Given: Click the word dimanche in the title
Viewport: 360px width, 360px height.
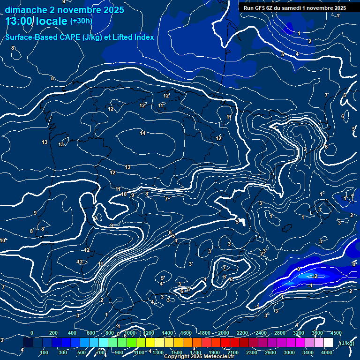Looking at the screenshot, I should [x=26, y=10].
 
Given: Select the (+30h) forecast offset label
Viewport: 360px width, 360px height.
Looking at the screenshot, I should [x=81, y=21].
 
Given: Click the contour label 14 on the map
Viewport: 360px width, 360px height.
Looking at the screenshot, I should [x=142, y=134].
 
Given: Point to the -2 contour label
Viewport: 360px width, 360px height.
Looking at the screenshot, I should [x=315, y=276].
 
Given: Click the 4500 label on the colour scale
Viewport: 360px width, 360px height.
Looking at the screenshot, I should [x=336, y=333].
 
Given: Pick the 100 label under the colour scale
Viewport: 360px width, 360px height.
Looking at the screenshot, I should [x=45, y=352].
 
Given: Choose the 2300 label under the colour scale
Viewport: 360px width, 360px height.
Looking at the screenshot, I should [x=251, y=352].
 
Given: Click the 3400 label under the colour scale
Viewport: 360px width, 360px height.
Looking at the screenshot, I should [x=308, y=352].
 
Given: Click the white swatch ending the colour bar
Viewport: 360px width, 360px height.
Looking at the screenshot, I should [x=328, y=343].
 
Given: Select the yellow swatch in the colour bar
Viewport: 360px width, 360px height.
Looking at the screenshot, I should [x=159, y=343].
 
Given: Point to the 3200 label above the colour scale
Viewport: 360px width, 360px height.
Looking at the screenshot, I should [x=299, y=333].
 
